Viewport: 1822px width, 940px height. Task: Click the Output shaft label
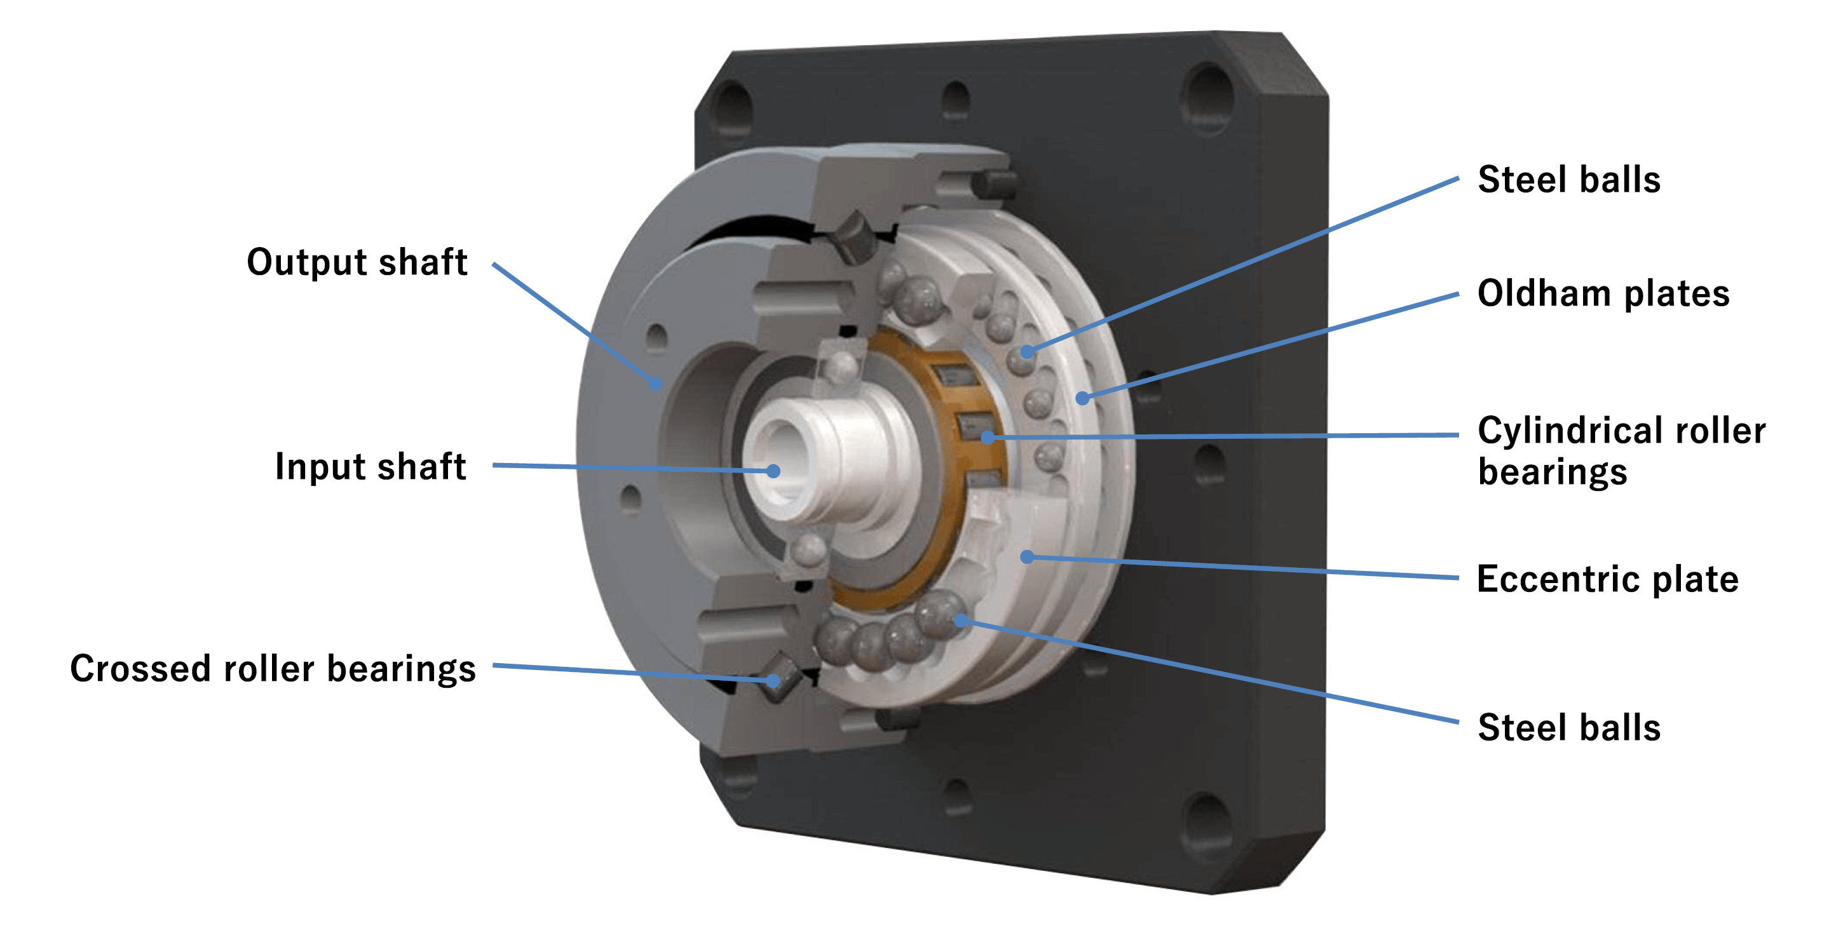[357, 262]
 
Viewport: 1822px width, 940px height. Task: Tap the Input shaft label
[370, 466]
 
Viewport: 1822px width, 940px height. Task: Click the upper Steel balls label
[1569, 180]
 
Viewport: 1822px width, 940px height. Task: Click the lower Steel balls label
[1569, 727]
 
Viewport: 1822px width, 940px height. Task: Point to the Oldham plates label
[1603, 293]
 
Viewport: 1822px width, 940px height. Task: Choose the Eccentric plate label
[1607, 579]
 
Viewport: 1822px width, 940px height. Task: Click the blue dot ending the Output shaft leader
[656, 384]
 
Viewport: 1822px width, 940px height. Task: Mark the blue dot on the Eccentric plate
[1027, 557]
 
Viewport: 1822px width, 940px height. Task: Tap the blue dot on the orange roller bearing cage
[988, 438]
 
